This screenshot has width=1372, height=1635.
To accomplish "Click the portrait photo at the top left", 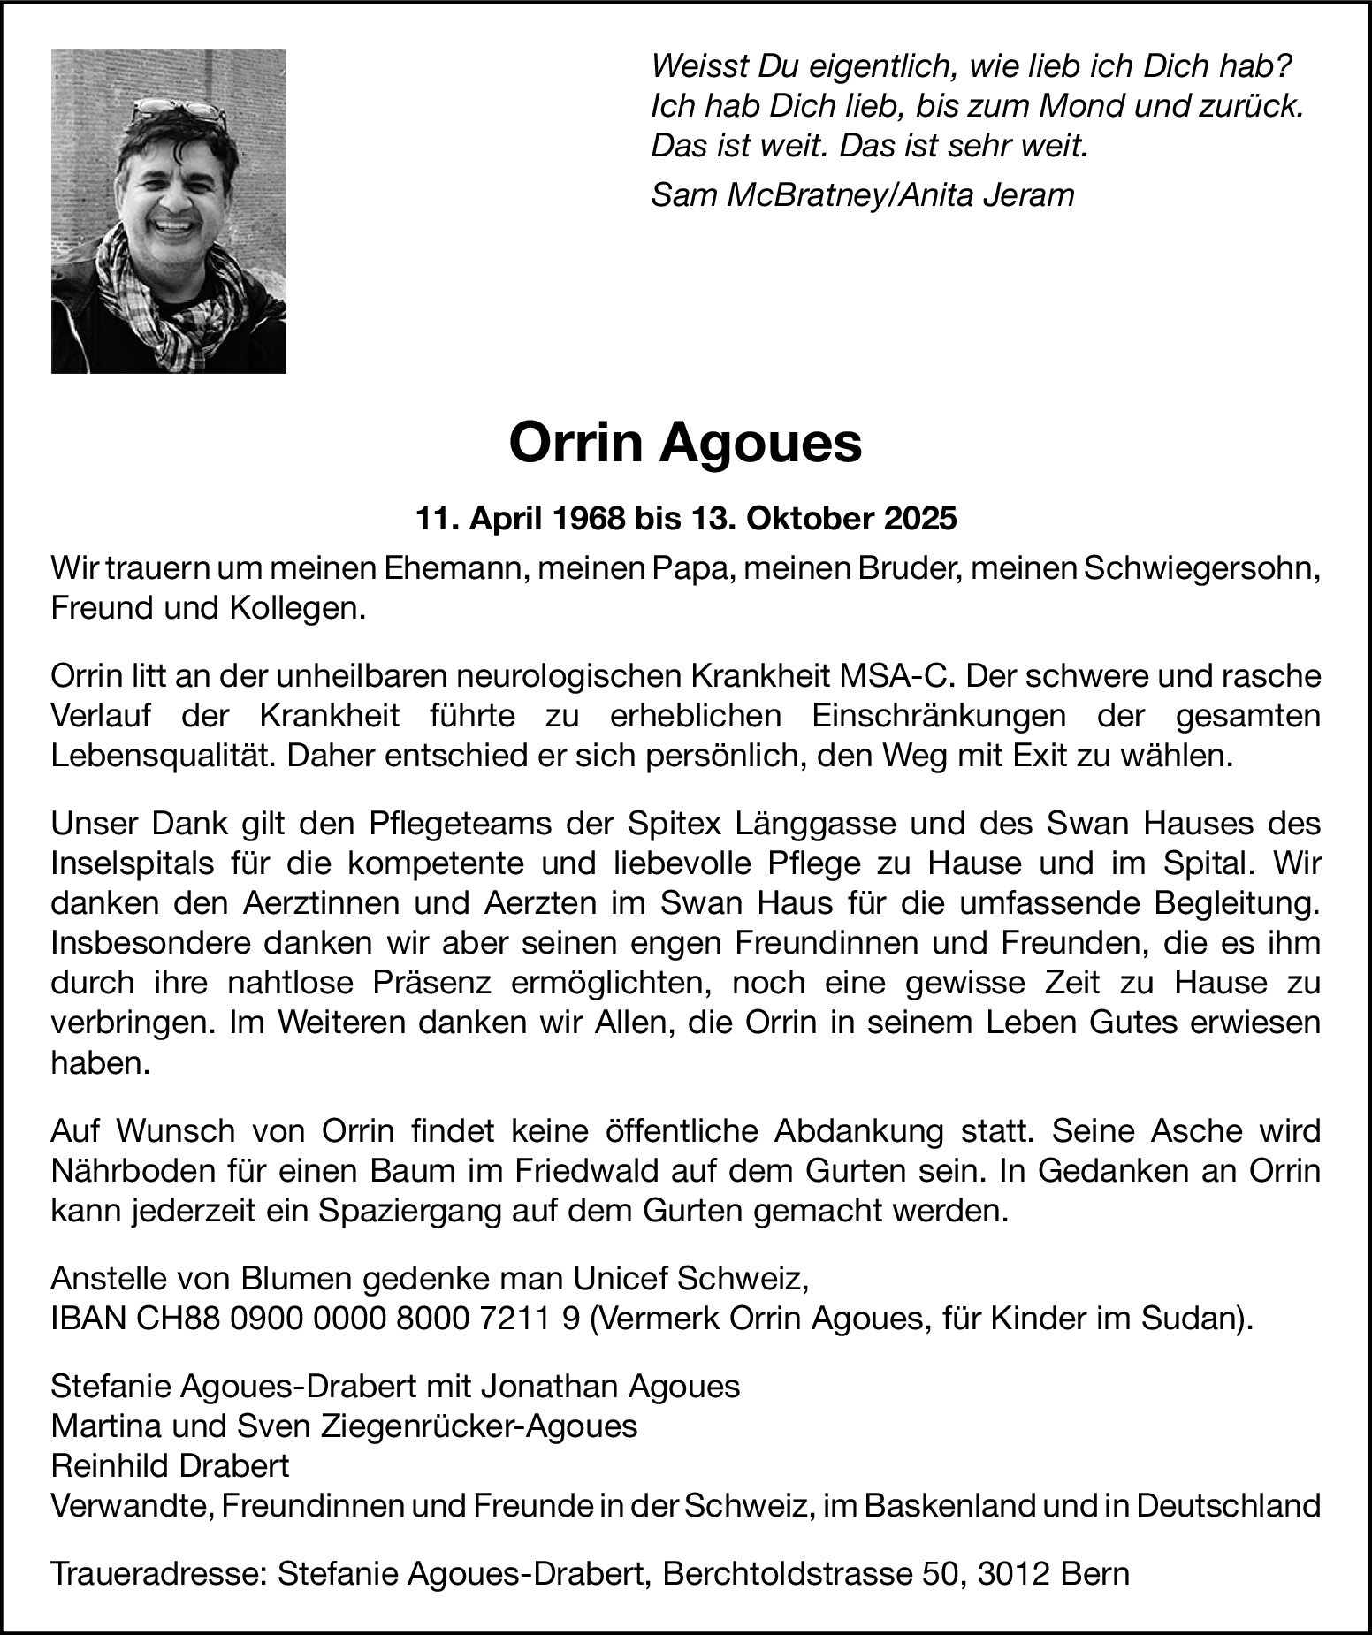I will tap(168, 211).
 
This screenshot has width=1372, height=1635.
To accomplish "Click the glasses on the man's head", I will tap(179, 110).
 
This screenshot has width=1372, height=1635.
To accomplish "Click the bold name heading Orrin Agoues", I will tap(685, 444).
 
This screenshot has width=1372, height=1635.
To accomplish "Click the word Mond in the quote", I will tap(1081, 106).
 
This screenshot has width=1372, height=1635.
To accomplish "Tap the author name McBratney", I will tap(804, 195).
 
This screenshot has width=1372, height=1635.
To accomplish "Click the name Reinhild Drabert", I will tap(170, 1466).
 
